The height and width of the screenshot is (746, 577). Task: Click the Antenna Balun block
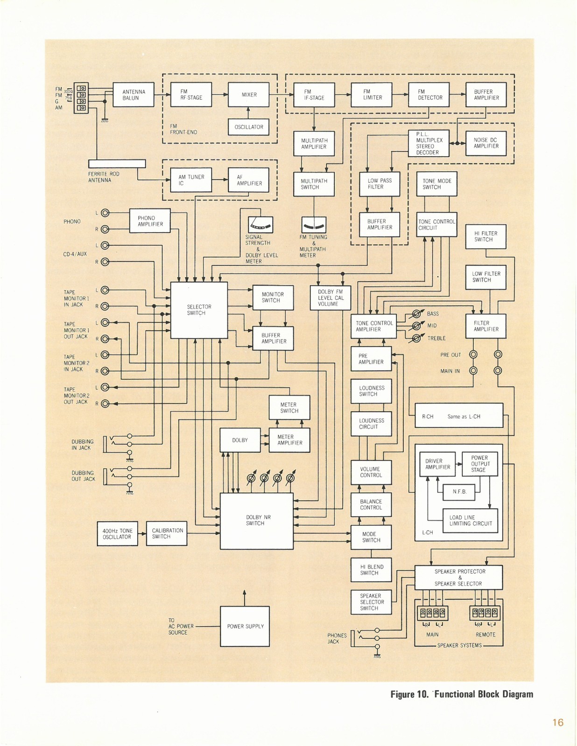[x=134, y=94]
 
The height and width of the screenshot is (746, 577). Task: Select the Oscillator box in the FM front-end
[x=248, y=127]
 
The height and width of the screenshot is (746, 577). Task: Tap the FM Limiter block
[x=372, y=94]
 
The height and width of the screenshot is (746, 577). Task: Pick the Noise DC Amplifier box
[x=486, y=143]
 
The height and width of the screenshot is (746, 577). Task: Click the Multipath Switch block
[x=314, y=184]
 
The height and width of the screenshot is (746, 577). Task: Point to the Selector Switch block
[x=199, y=310]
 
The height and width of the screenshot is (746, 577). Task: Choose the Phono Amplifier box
[x=150, y=221]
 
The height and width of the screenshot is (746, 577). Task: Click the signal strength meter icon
[x=260, y=225]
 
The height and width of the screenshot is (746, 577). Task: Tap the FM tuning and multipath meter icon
[x=314, y=225]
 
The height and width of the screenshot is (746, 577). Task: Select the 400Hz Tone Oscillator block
[x=117, y=533]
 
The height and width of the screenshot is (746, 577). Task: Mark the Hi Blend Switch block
[x=371, y=570]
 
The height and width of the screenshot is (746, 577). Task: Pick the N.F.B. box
[x=459, y=492]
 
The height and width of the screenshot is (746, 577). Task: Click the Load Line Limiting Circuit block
[x=470, y=520]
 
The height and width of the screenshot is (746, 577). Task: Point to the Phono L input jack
[x=105, y=213]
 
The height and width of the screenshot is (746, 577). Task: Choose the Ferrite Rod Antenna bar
[x=117, y=164]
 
